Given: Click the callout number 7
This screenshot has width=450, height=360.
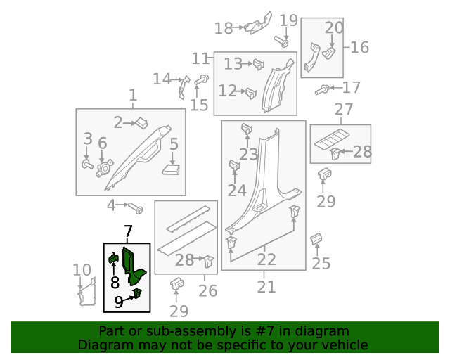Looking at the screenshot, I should click(128, 231).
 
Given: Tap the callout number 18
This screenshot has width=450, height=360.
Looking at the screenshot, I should click(224, 28).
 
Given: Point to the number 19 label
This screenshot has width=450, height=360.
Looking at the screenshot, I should click(289, 20).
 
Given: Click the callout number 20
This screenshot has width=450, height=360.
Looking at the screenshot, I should click(334, 28).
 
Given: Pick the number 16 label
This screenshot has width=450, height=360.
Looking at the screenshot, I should click(359, 47).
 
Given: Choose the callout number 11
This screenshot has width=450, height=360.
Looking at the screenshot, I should click(201, 58).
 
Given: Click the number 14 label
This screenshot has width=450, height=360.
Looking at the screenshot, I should click(162, 79).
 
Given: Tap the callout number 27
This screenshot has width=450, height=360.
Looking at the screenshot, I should click(343, 110).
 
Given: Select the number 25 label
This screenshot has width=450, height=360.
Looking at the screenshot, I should click(321, 264).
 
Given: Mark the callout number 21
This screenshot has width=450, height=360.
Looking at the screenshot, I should click(266, 286).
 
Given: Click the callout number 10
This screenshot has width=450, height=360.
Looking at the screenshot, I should click(82, 269).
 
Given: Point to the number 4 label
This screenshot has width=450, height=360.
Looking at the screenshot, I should click(111, 205).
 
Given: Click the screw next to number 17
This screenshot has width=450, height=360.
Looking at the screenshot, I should click(323, 89).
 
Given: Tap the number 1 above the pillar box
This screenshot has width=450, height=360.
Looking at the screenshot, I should click(133, 95).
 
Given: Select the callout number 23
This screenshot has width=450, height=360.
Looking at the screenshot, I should click(248, 154).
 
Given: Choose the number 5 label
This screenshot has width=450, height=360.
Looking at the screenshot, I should click(174, 144).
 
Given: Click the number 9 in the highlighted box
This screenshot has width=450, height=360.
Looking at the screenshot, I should click(120, 302).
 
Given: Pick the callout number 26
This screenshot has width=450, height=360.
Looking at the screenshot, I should click(207, 290).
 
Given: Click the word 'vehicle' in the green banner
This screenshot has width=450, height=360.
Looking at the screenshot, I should click(344, 345).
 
